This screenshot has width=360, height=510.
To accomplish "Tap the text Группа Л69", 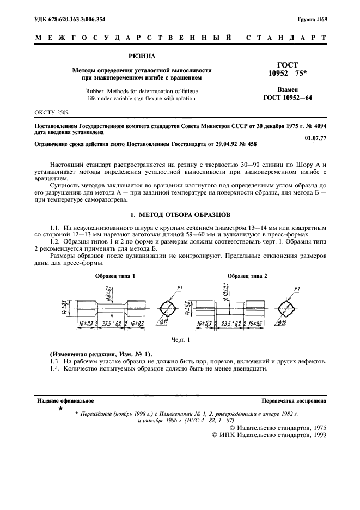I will pyautogui.click(x=312, y=20).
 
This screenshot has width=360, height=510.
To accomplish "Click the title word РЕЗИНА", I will pyautogui.click(x=141, y=56).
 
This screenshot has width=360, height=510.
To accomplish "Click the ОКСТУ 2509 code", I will pyautogui.click(x=52, y=113).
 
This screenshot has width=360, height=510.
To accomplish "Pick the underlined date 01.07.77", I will pyautogui.click(x=315, y=137).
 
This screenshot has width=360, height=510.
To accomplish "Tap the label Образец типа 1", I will pyautogui.click(x=115, y=276).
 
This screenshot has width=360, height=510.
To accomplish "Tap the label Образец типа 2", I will pyautogui.click(x=247, y=276).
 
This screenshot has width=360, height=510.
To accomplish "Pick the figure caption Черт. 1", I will pyautogui.click(x=180, y=340).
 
